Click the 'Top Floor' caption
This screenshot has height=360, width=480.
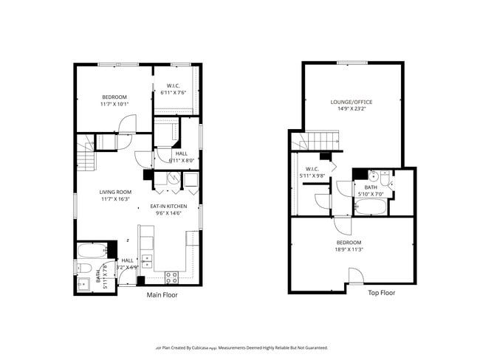(x=381, y=293)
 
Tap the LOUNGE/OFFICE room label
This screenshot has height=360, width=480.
(x=351, y=102)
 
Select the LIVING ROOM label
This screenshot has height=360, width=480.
(x=114, y=192)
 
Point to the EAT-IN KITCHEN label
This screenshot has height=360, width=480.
(x=168, y=206)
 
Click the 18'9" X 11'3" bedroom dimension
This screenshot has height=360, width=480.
(x=349, y=249)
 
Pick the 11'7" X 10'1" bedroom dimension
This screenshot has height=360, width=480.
(x=114, y=104)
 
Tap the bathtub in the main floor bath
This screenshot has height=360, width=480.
(x=92, y=249)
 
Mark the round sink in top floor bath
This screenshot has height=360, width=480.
(x=374, y=176)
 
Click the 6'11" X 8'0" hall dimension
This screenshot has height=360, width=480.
(x=181, y=160)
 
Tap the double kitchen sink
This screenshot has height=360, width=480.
(x=147, y=260)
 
